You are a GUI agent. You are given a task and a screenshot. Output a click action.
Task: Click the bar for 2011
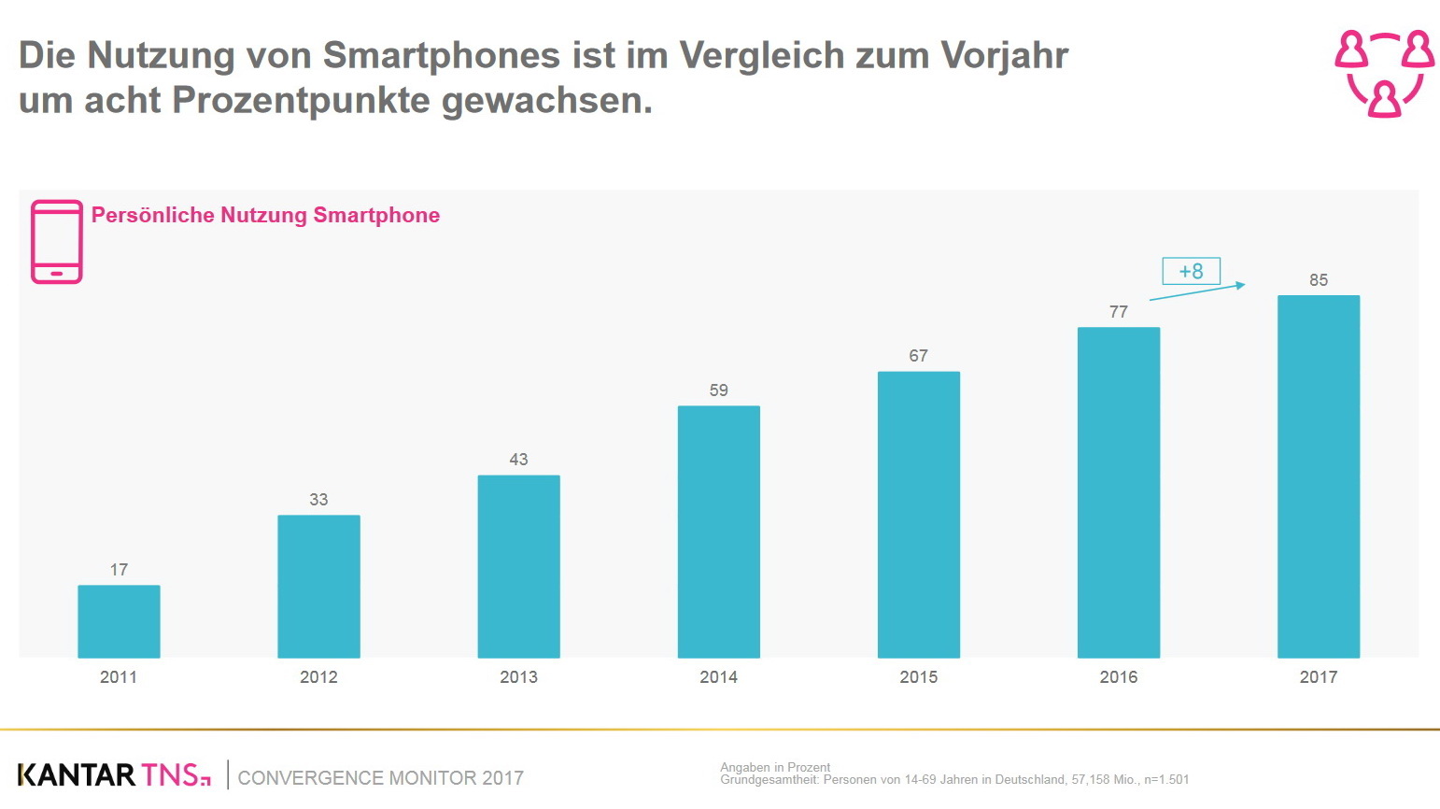(119, 621)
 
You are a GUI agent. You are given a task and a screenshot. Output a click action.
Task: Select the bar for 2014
(718, 532)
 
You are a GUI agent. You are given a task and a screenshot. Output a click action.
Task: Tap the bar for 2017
(1318, 476)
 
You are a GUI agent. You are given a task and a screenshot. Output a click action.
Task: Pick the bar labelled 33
(318, 586)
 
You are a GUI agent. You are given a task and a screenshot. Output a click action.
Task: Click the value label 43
(518, 460)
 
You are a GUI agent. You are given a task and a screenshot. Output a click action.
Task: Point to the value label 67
(918, 356)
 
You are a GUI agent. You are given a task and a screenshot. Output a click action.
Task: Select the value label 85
(1318, 280)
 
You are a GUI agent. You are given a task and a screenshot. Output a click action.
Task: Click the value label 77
(1118, 312)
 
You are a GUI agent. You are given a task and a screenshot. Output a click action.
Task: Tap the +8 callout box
(1191, 271)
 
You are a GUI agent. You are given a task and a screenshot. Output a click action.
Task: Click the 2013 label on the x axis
(518, 677)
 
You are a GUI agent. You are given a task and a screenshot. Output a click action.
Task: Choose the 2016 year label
(1118, 677)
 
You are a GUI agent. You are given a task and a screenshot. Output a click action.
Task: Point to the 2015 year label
(918, 677)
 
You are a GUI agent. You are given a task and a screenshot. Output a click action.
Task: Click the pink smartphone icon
(57, 242)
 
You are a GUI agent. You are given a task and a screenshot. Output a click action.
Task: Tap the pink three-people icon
(1384, 73)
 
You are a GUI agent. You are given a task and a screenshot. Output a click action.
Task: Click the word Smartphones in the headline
(442, 56)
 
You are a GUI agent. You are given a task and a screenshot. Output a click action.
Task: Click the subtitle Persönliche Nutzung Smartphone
(265, 215)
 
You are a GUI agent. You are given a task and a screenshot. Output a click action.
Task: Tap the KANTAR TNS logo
(114, 775)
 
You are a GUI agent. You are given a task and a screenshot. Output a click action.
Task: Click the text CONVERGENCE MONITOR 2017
(380, 778)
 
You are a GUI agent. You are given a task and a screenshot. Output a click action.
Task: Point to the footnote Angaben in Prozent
(775, 767)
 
